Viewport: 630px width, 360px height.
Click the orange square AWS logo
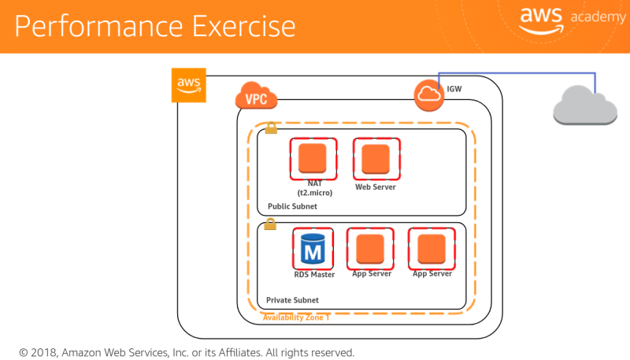(188, 84)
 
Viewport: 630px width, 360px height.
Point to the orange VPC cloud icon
(256, 98)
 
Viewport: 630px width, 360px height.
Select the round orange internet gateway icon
(429, 95)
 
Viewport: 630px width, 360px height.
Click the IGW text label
(454, 89)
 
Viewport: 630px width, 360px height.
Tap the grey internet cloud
(584, 106)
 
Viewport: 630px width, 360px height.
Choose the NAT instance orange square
(312, 158)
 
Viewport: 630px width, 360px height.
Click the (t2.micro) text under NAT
(313, 192)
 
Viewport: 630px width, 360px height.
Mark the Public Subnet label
(292, 206)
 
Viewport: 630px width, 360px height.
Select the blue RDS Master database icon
(313, 248)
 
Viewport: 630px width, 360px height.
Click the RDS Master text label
(314, 274)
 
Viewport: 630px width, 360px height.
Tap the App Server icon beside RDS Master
(370, 248)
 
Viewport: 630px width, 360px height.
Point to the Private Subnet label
(293, 300)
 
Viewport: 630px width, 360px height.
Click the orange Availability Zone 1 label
(296, 317)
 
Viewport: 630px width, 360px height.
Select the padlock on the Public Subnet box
(271, 128)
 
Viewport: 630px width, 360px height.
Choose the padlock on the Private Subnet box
(270, 225)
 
